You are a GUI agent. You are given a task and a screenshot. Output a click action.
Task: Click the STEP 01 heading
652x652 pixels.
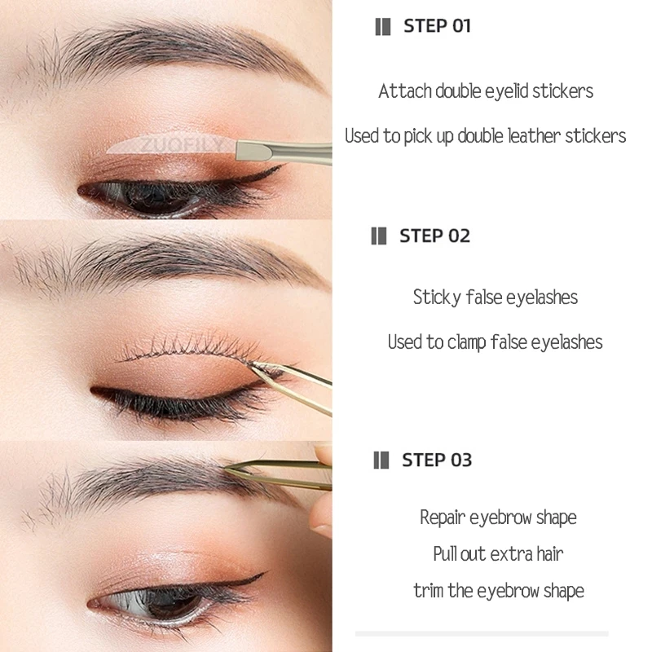(x=437, y=26)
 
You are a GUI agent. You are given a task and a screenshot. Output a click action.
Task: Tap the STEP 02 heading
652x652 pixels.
(x=434, y=236)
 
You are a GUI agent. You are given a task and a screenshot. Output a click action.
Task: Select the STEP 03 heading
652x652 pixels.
(x=436, y=460)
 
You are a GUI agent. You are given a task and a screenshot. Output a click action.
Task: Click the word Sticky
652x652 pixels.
(x=438, y=297)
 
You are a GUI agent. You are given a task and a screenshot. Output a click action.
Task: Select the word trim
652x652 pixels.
(x=428, y=591)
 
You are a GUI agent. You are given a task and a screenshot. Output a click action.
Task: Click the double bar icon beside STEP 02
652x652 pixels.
(x=379, y=236)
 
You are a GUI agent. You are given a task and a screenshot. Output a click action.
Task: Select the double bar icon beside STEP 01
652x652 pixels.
(x=382, y=26)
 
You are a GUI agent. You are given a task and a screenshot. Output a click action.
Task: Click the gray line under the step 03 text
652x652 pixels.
(x=481, y=633)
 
